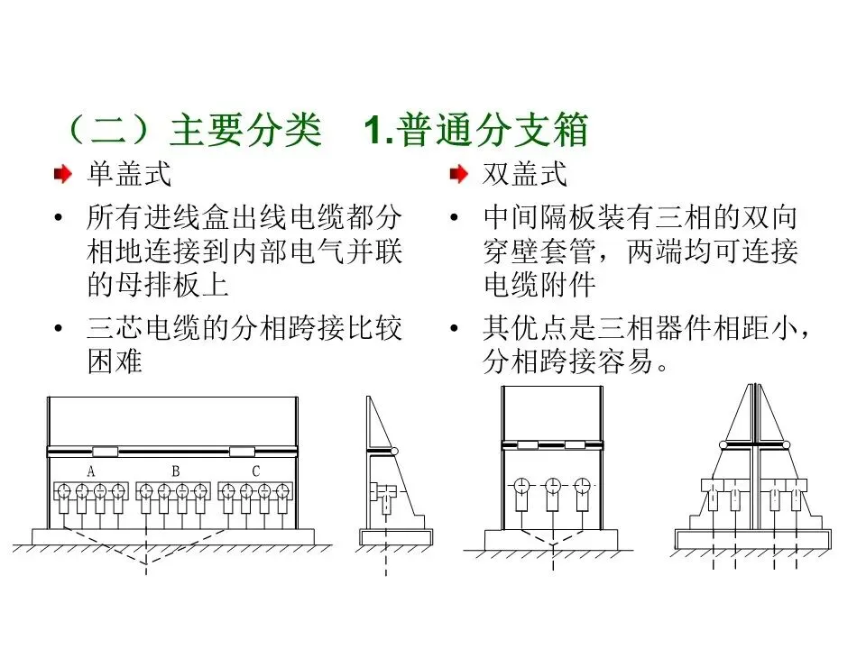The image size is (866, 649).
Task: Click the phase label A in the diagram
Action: pyautogui.click(x=91, y=471)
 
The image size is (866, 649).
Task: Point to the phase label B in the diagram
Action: pyautogui.click(x=176, y=471)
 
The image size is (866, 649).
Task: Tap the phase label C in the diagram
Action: pyautogui.click(x=256, y=471)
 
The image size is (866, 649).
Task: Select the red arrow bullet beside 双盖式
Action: pyautogui.click(x=459, y=174)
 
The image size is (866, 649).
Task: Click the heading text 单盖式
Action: pyautogui.click(x=128, y=173)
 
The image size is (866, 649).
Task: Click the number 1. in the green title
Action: pyautogui.click(x=377, y=132)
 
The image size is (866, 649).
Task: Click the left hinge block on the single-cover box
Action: pyautogui.click(x=105, y=451)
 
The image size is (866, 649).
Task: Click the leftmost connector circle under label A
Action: pyautogui.click(x=65, y=491)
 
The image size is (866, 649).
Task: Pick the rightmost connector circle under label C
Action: pyautogui.click(x=282, y=491)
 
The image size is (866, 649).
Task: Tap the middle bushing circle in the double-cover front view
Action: pyautogui.click(x=552, y=487)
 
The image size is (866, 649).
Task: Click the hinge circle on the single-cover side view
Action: pyautogui.click(x=394, y=452)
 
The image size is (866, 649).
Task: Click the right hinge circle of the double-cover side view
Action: pyautogui.click(x=786, y=444)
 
